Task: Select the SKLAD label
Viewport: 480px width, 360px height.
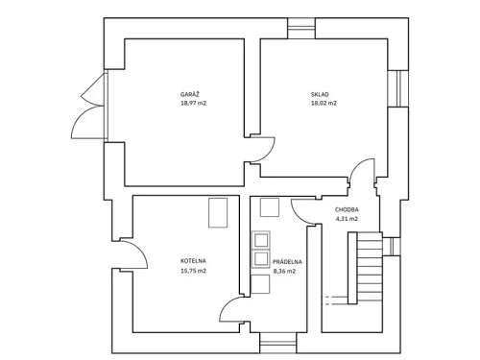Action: click(320, 94)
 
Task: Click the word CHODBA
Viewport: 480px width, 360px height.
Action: click(347, 209)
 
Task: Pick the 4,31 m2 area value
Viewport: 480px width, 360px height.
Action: click(347, 219)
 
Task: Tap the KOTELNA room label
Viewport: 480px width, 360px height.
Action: click(193, 261)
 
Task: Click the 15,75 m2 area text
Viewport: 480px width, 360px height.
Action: click(193, 271)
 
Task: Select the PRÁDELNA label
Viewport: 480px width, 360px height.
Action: click(287, 261)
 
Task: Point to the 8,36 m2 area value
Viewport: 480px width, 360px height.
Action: click(283, 271)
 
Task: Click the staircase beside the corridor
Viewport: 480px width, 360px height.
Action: click(368, 269)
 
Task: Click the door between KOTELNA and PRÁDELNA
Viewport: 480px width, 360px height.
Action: click(233, 308)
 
